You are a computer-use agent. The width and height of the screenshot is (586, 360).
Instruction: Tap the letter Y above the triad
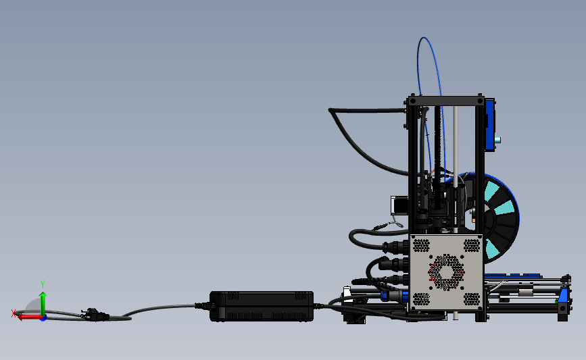[42, 284]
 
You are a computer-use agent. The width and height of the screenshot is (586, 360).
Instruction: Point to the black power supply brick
[262, 306]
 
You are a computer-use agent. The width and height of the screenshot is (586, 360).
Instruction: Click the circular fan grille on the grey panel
[446, 270]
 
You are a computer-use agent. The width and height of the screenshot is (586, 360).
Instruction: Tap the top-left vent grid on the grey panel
[421, 245]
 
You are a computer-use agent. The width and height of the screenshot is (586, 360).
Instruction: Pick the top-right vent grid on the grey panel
[470, 245]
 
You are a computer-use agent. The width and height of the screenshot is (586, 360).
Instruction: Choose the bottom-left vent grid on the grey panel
[421, 298]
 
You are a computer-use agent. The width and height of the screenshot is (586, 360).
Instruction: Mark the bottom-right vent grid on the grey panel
[470, 298]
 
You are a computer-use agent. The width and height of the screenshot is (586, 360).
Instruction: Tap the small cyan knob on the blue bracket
[499, 140]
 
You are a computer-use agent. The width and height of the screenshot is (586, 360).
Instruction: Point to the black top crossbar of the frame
[446, 101]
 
